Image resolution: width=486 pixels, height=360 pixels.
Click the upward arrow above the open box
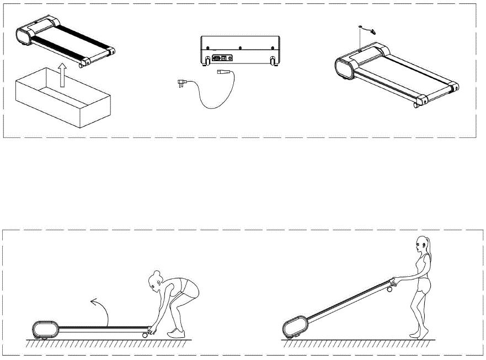point(62,76)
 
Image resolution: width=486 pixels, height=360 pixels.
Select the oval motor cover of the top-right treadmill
point(345,69)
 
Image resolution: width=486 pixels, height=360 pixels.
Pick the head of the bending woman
point(155,281)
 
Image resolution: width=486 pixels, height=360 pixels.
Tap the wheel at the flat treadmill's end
point(146,334)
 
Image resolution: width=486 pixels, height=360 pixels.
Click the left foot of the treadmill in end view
point(207,59)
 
